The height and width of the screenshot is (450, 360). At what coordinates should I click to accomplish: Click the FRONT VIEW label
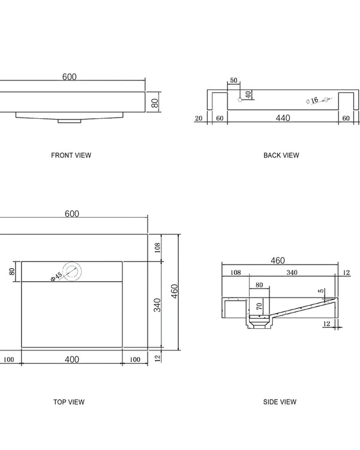tap(71, 155)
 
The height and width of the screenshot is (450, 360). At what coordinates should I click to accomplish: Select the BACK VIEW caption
tap(281, 155)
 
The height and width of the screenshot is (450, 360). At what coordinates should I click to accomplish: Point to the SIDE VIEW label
tap(280, 402)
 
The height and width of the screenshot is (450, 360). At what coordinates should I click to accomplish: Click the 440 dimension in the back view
tap(283, 118)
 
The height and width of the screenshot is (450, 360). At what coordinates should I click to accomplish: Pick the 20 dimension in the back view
tap(199, 119)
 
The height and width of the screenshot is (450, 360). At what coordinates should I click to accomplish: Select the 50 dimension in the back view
tap(233, 80)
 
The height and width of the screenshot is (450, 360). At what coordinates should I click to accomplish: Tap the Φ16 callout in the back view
tap(311, 101)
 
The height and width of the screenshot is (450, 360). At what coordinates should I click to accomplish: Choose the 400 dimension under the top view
tap(71, 359)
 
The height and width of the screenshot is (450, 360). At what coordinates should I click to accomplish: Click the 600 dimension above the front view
tap(70, 77)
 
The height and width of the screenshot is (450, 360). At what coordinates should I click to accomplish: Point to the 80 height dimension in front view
tap(155, 103)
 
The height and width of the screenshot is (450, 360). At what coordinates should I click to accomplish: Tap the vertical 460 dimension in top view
tap(175, 292)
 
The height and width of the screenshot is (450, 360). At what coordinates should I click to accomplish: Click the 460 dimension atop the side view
tap(278, 260)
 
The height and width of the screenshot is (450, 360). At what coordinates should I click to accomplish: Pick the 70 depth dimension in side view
tap(259, 307)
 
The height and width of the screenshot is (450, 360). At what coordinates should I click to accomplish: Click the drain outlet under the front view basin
tap(70, 121)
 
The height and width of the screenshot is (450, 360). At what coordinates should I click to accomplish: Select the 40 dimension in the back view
tap(248, 95)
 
